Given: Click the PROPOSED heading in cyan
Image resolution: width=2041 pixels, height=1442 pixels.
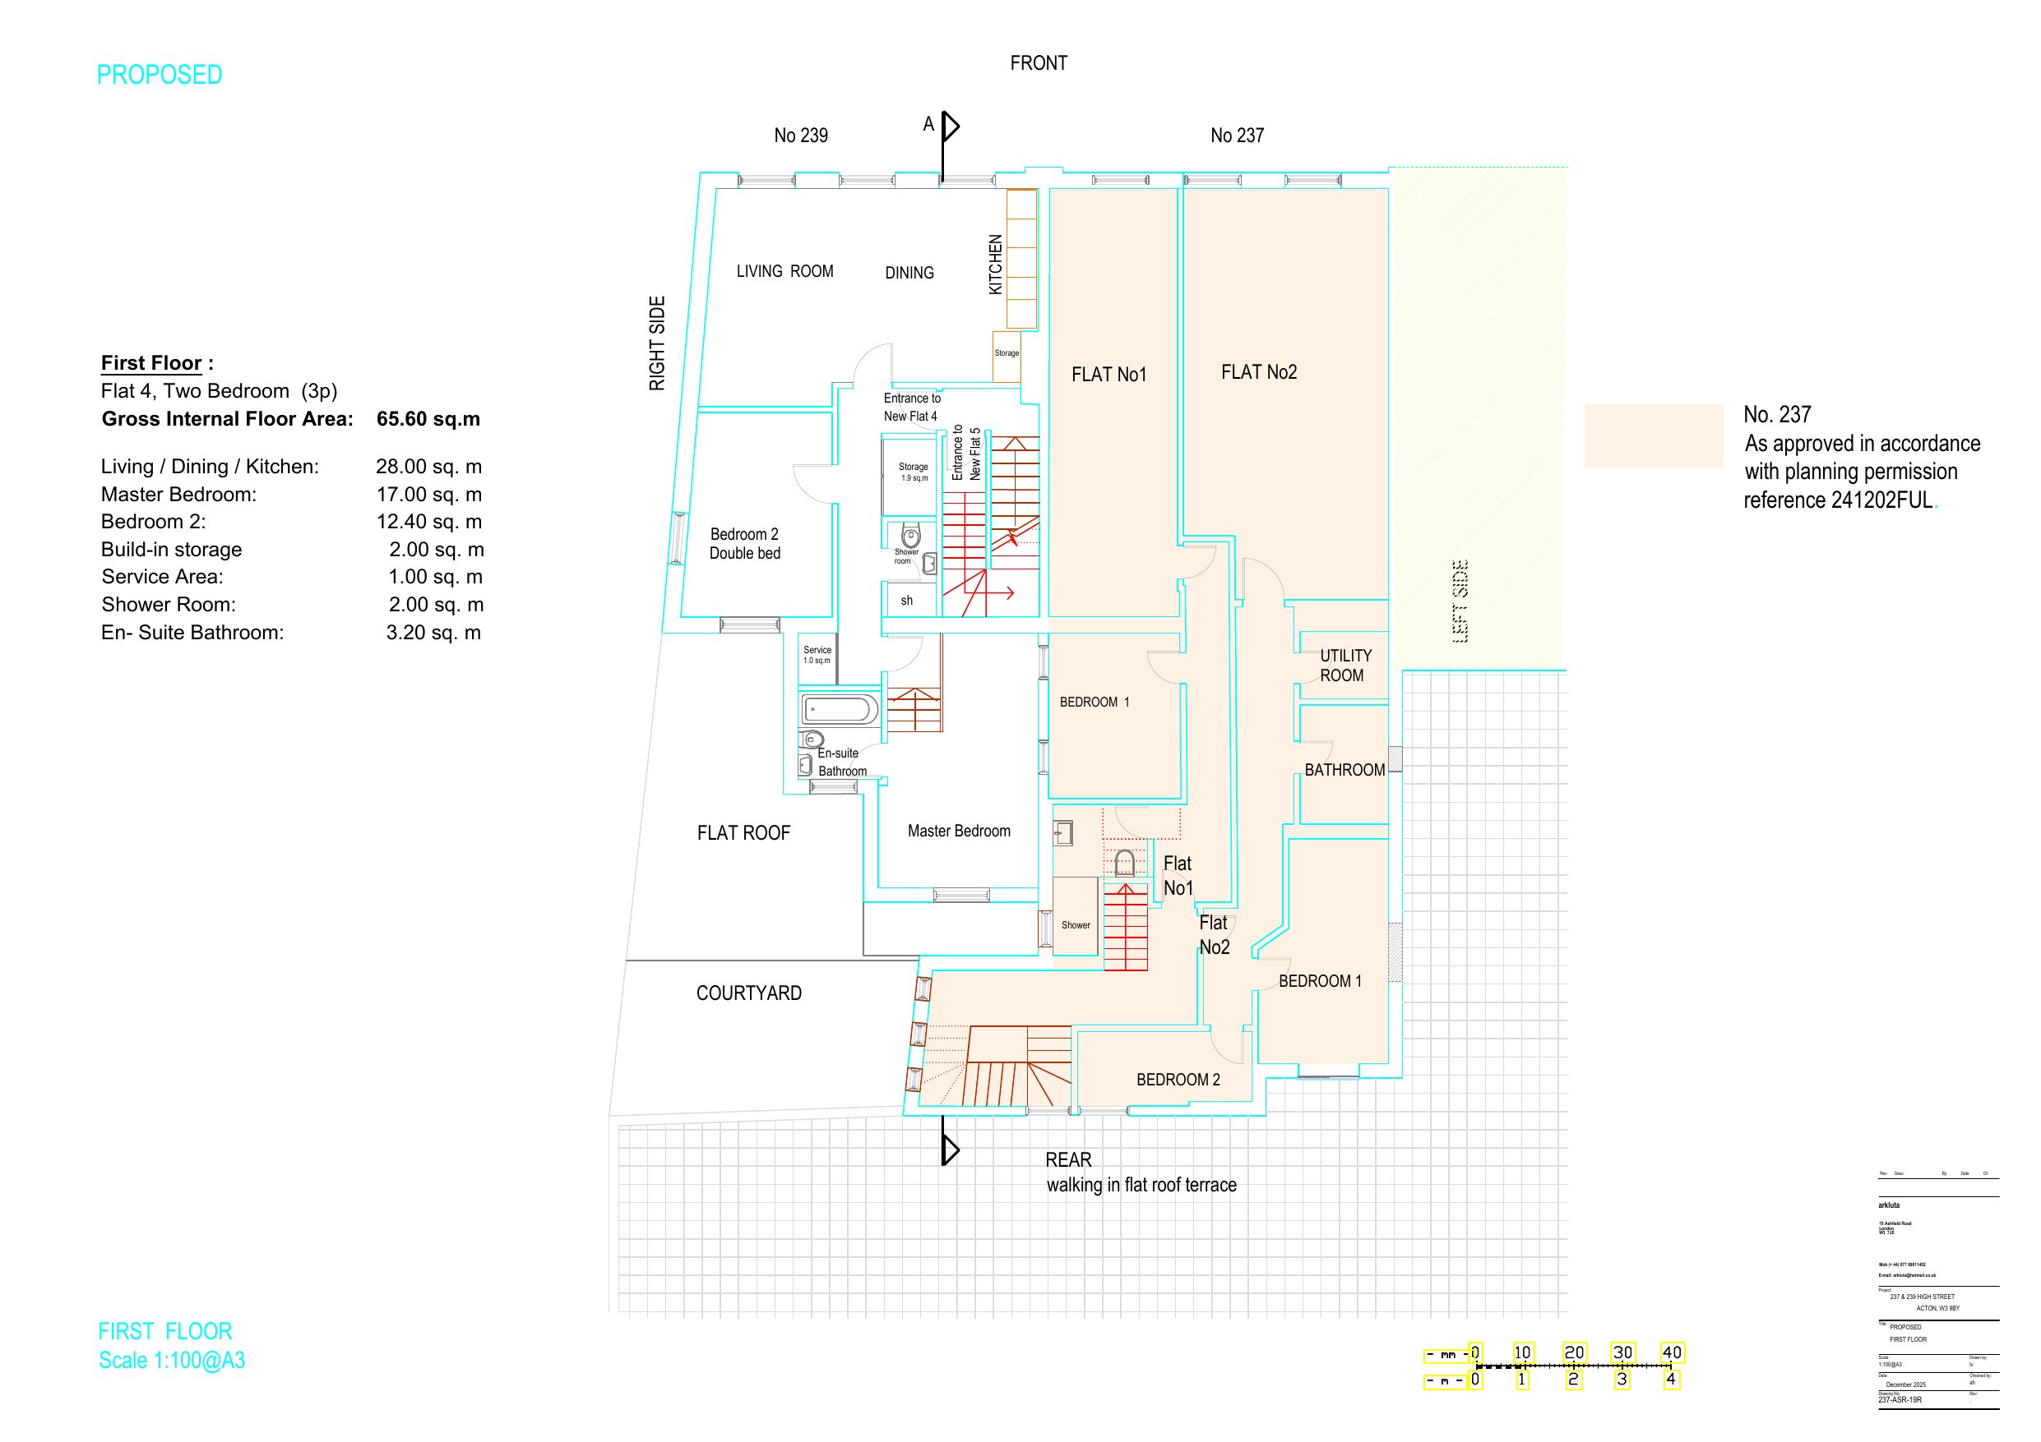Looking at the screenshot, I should [160, 75].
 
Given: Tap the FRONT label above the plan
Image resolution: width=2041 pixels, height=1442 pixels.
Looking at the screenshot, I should [1039, 63].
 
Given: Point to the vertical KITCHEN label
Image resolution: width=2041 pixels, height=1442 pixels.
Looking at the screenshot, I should [996, 264].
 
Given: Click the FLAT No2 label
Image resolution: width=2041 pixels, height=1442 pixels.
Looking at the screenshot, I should [1259, 372].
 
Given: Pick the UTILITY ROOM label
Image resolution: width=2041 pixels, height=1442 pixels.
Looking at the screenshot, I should [1344, 666].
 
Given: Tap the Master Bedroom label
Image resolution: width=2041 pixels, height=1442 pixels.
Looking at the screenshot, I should [958, 831].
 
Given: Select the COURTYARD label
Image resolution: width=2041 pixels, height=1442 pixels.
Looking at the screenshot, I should [748, 993].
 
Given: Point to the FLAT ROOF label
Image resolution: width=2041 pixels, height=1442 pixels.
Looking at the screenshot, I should [743, 832].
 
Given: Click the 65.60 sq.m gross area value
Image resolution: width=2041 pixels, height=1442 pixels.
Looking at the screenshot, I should [428, 418].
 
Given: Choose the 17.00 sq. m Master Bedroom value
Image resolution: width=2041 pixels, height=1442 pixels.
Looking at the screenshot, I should [428, 494].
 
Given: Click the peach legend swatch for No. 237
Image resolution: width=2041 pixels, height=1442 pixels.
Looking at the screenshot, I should [1654, 435].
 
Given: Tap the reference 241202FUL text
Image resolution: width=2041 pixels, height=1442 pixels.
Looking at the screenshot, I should [1839, 500].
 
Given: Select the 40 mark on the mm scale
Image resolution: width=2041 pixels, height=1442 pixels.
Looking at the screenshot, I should [1671, 1352].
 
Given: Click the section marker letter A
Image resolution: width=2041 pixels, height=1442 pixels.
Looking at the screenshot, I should [928, 124].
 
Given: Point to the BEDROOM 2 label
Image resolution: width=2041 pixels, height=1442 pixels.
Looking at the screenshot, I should [1178, 1080].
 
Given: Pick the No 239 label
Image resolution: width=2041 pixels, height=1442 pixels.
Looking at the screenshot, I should [800, 135].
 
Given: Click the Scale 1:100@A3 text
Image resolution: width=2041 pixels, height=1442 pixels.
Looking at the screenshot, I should [172, 1361].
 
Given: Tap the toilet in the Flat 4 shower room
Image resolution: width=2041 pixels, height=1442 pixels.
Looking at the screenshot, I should [910, 536].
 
